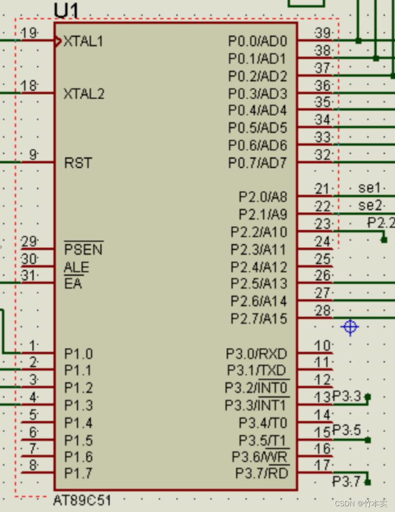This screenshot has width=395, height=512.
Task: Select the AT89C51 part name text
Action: tap(82, 501)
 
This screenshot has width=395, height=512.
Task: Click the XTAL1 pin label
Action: tap(83, 41)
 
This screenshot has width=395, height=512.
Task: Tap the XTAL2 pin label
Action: tap(84, 94)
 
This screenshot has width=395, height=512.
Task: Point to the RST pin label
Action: tap(78, 163)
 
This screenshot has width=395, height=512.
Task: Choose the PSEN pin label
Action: tap(83, 249)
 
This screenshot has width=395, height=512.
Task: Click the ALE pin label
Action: tap(76, 267)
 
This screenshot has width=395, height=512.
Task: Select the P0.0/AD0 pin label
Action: tap(258, 41)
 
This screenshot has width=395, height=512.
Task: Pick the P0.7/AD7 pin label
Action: tap(258, 163)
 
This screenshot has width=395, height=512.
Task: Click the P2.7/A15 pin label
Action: tap(259, 318)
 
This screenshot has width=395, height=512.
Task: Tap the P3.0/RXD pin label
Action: tap(257, 354)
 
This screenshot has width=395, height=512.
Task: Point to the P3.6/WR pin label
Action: tap(260, 457)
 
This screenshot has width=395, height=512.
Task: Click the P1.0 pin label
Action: tap(78, 354)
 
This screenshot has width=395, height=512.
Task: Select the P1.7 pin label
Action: tap(78, 473)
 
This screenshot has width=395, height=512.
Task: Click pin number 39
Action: tap(323, 33)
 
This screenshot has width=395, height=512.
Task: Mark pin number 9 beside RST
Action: tap(33, 155)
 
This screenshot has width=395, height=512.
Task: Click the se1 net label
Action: tap(369, 188)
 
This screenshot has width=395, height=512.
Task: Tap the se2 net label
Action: tap(369, 205)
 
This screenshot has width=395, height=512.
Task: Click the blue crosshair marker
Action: tap(350, 328)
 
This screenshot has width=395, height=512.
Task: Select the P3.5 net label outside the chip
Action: tap(347, 430)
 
